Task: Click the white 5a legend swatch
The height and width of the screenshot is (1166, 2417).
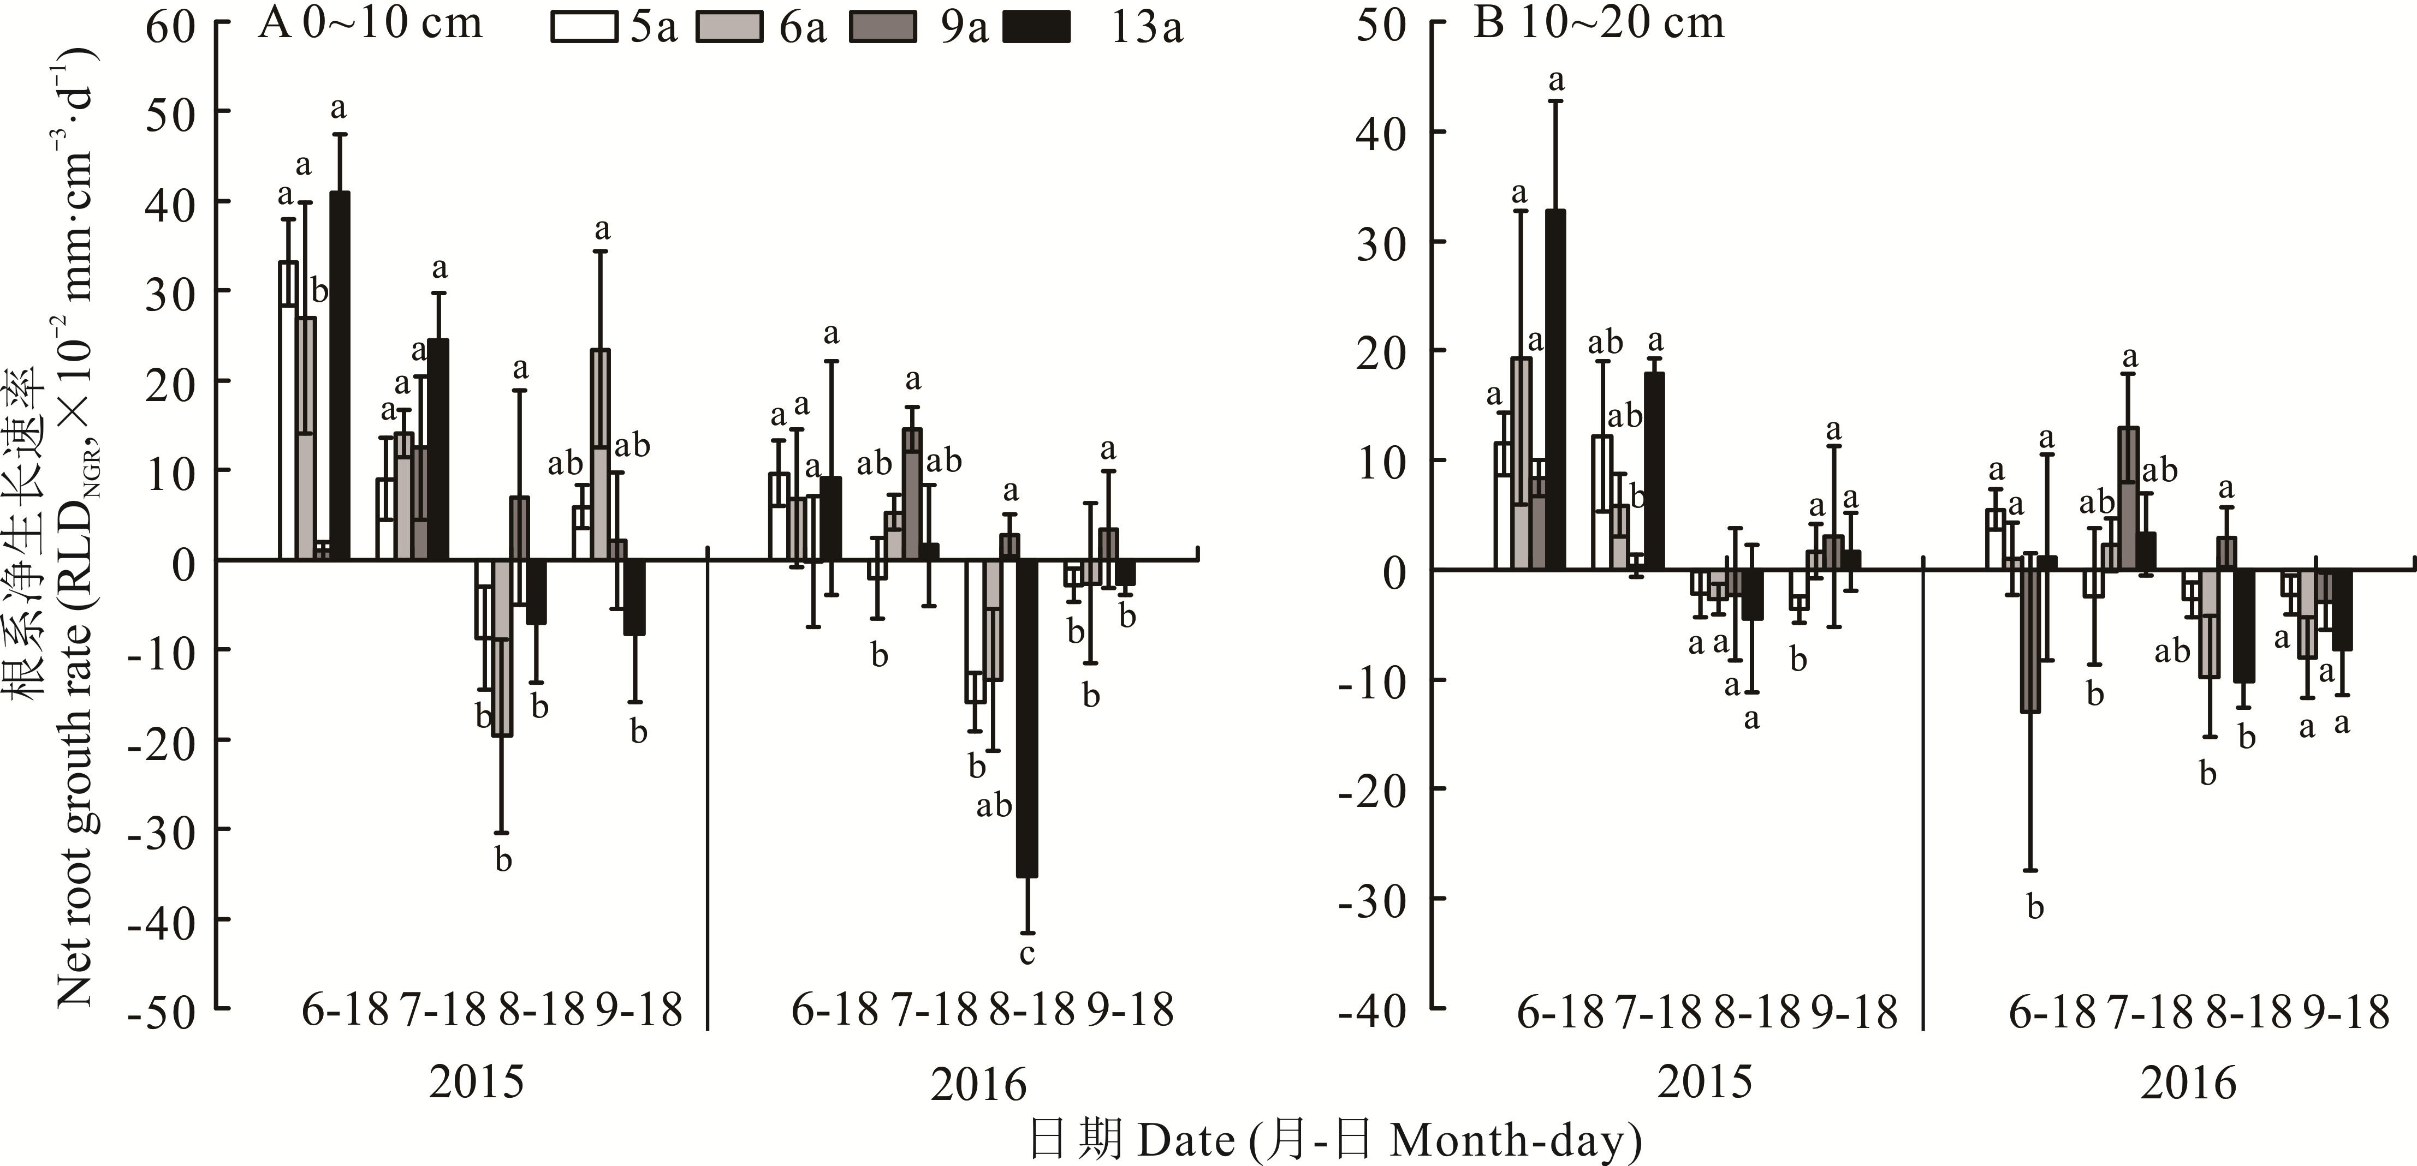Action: pyautogui.click(x=584, y=27)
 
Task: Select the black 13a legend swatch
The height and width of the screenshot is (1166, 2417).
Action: pyautogui.click(x=1036, y=27)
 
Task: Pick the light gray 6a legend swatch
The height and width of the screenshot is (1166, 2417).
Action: pyautogui.click(x=729, y=27)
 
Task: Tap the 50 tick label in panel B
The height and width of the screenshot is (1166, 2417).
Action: pyautogui.click(x=1381, y=25)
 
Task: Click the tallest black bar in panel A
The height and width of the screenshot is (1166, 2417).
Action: pyautogui.click(x=340, y=375)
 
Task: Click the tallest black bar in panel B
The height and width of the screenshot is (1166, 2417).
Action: pyautogui.click(x=1555, y=389)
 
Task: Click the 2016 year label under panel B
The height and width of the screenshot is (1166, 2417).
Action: pyautogui.click(x=2188, y=1084)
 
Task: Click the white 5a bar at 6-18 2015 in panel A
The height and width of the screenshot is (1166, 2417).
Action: pyautogui.click(x=288, y=411)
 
